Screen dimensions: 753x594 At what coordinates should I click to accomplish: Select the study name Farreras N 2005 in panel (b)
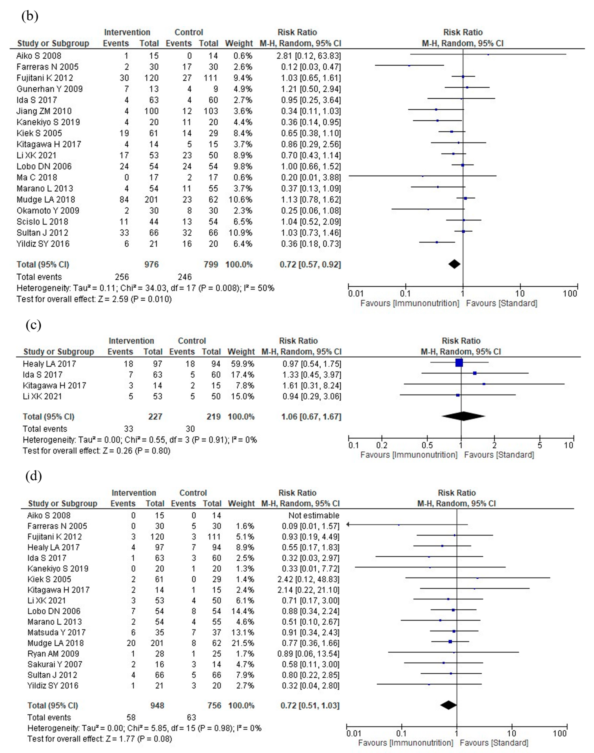[48, 67]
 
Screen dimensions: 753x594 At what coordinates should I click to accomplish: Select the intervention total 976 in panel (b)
[152, 265]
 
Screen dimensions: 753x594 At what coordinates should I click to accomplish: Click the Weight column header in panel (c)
[241, 352]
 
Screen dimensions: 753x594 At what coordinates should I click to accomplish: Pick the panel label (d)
[34, 476]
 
